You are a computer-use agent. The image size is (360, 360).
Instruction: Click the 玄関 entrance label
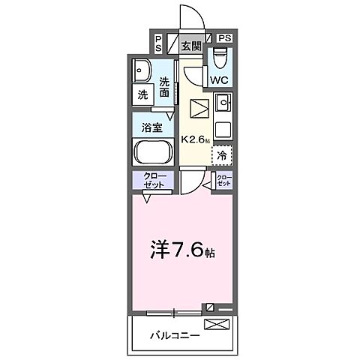(x=191, y=46)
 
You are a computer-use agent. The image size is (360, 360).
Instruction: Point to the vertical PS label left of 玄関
(x=158, y=43)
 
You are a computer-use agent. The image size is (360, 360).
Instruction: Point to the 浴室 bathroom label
(x=153, y=127)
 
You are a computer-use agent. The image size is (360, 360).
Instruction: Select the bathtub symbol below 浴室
(x=153, y=152)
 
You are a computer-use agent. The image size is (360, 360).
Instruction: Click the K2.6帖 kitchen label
(x=196, y=139)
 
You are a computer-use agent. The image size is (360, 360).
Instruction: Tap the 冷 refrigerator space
(x=222, y=156)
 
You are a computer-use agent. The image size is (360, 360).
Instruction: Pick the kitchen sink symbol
(x=223, y=103)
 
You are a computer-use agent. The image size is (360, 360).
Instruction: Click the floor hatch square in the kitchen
(x=199, y=108)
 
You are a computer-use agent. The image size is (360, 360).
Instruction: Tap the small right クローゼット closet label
(x=223, y=180)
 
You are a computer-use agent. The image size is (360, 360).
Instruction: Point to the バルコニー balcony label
(x=173, y=334)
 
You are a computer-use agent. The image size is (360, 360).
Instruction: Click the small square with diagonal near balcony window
(x=211, y=307)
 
